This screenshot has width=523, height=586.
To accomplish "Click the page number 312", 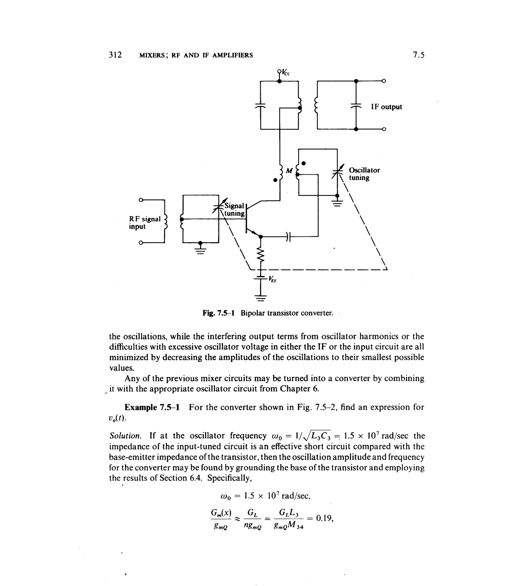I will (x=115, y=55).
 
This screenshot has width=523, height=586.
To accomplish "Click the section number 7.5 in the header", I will (x=418, y=55).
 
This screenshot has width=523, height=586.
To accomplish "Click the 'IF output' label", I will (x=386, y=107).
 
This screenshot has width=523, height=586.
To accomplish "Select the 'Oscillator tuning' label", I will (x=364, y=174).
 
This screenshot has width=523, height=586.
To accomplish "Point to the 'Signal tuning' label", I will (x=234, y=209).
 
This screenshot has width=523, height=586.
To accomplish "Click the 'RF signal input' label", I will (x=144, y=223).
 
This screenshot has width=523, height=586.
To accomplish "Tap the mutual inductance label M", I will (x=289, y=171).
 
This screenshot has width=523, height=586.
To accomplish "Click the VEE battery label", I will (x=272, y=279).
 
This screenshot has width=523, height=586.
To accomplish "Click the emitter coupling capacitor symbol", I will (x=288, y=237).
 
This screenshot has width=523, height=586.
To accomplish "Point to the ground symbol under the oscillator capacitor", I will (x=337, y=203).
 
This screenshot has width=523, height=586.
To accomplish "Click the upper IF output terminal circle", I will (x=384, y=81).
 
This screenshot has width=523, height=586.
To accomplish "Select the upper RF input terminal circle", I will (x=140, y=200).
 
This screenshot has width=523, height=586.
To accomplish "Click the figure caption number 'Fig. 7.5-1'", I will (x=218, y=313).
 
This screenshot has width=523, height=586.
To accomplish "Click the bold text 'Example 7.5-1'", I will (x=152, y=407).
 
